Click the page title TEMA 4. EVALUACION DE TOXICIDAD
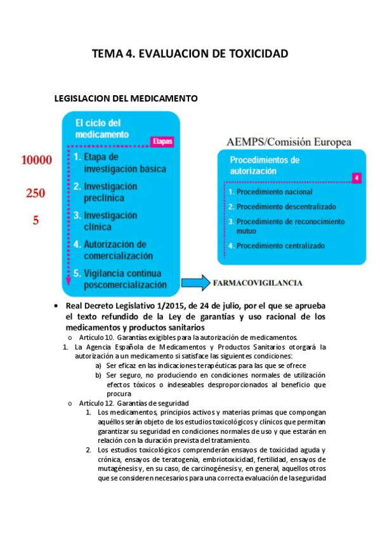[x=190, y=54]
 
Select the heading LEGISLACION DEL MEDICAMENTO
[x=126, y=99]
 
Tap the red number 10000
[x=36, y=161]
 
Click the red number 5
[x=36, y=221]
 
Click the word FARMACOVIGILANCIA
[x=257, y=283]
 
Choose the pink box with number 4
[x=357, y=178]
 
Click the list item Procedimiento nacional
[x=274, y=192]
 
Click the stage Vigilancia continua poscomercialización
[x=124, y=279]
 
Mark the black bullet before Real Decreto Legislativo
[x=58, y=305]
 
